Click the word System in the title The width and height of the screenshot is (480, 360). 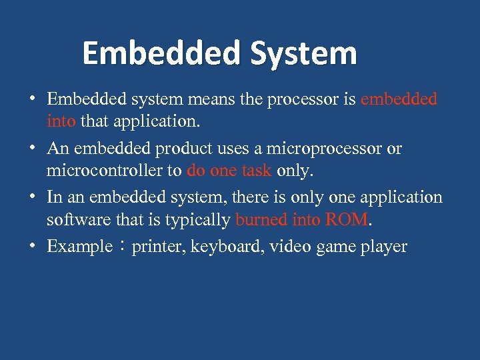coord(303,54)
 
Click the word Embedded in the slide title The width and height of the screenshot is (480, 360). coord(162,54)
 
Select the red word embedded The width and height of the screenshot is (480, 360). coord(399,99)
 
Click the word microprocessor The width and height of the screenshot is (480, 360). coord(326,148)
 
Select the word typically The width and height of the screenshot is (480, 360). coord(199,219)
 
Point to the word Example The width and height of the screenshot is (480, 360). coord(79,247)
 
